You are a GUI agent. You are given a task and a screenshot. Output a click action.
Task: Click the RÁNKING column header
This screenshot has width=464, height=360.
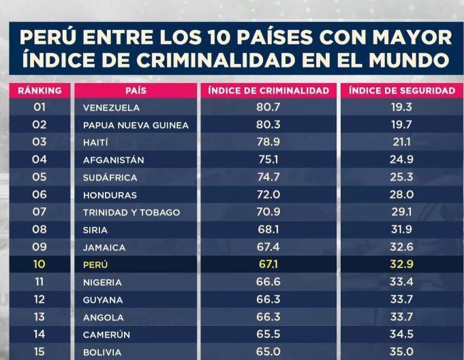(x=40, y=90)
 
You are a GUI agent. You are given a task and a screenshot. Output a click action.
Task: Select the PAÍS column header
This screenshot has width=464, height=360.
(x=136, y=90)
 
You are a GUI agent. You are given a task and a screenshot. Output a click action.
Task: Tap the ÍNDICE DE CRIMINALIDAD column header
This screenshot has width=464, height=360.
(x=268, y=90)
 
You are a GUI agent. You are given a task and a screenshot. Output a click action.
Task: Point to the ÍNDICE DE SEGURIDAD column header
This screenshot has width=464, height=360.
(x=401, y=90)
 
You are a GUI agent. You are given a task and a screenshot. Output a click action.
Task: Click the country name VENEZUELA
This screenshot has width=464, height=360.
(x=111, y=108)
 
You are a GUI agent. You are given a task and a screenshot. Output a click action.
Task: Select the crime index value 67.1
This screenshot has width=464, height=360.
(x=268, y=265)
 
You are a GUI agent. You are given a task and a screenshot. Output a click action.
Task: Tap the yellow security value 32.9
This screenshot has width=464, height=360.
(x=401, y=265)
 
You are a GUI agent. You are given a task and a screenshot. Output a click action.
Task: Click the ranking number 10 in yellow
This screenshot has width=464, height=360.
(x=40, y=265)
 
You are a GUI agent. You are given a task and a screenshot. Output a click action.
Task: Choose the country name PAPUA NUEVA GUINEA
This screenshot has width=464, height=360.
(x=136, y=125)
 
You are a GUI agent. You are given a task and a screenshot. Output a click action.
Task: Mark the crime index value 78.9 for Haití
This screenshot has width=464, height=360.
(x=268, y=142)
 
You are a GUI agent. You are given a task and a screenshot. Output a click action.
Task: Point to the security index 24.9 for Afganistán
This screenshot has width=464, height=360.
(x=401, y=160)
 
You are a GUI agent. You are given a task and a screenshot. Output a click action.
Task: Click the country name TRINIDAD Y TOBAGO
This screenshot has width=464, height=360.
(x=132, y=212)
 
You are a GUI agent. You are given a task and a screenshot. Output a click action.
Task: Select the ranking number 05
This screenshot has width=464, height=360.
(x=40, y=177)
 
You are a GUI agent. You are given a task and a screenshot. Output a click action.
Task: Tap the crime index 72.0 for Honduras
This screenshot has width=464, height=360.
(x=268, y=195)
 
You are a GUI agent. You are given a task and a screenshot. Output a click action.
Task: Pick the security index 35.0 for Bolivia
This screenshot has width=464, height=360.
(x=401, y=352)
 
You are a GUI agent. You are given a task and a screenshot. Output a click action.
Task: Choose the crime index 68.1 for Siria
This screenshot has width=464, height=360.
(x=268, y=230)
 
